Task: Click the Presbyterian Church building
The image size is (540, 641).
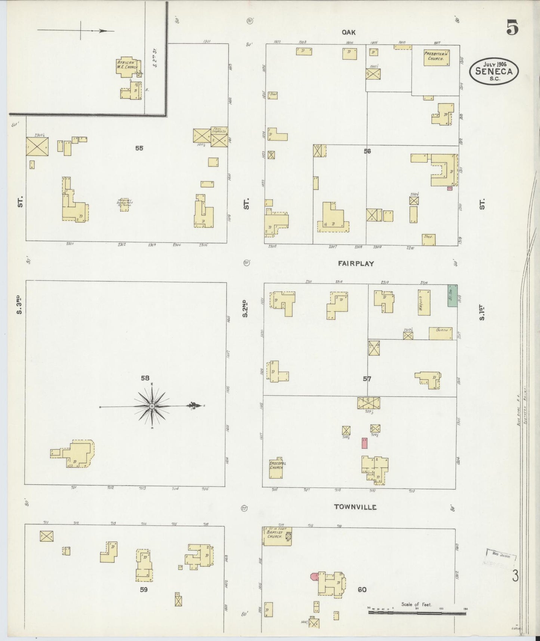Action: pyautogui.click(x=436, y=58)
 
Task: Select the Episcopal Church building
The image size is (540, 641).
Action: pyautogui.click(x=276, y=468)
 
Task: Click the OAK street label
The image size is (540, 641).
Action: pyautogui.click(x=348, y=33)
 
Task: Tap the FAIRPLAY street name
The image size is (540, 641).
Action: pyautogui.click(x=356, y=263)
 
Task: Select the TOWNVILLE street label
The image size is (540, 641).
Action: pyautogui.click(x=355, y=507)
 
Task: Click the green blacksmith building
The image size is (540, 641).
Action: pyautogui.click(x=453, y=296)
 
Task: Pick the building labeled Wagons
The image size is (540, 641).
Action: pyautogui.click(x=424, y=302)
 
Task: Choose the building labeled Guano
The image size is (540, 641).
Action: pyautogui.click(x=441, y=333)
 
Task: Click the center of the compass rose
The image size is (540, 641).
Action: pyautogui.click(x=152, y=406)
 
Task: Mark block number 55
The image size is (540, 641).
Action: pyautogui.click(x=139, y=148)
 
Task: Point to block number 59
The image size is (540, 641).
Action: pyautogui.click(x=144, y=590)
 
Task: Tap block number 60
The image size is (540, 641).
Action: pyautogui.click(x=362, y=590)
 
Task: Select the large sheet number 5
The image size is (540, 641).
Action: pyautogui.click(x=512, y=27)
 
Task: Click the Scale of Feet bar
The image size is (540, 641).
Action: pyautogui.click(x=417, y=612)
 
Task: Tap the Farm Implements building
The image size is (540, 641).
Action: pyautogui.click(x=219, y=137)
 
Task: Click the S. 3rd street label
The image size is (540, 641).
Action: pyautogui.click(x=21, y=304)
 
